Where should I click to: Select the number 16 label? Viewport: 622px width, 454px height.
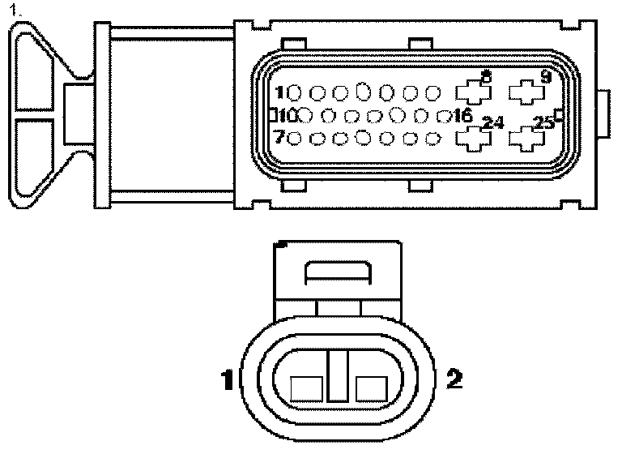(463, 115)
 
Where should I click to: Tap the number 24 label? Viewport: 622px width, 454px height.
(492, 123)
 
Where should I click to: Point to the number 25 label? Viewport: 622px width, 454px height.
(543, 123)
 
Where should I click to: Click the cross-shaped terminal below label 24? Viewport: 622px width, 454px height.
(474, 139)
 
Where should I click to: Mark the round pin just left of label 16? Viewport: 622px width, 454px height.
(442, 116)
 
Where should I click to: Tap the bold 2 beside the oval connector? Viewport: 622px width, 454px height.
(454, 378)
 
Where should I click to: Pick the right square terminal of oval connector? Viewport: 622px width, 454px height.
(370, 389)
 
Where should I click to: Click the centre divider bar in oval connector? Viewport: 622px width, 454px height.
(338, 376)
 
